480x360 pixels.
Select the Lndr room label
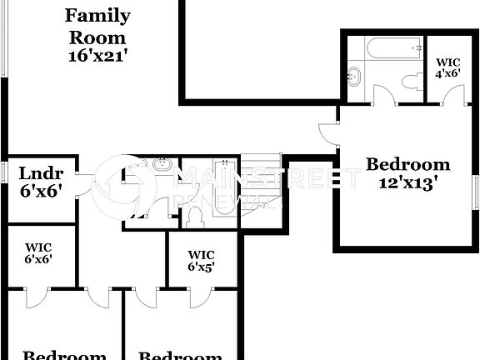tap(40, 174)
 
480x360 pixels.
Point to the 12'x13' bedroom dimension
tap(408, 182)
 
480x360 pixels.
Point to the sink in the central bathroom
tap(162, 165)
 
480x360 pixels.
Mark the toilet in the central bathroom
tap(196, 215)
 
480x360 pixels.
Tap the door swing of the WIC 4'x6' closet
tap(453, 94)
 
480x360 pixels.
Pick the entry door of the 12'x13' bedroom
tap(330, 133)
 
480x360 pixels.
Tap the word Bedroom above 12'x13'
tap(408, 164)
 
